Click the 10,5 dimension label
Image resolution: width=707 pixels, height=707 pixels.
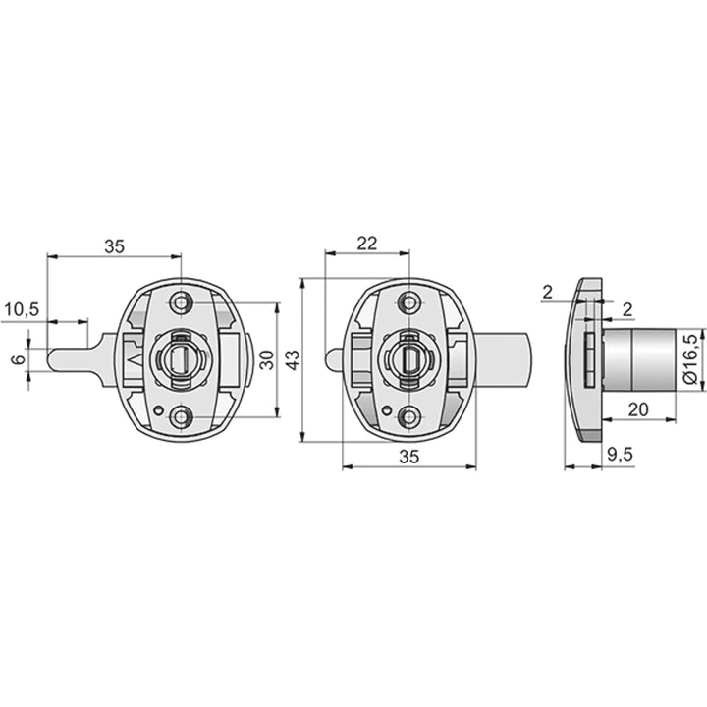[22, 309]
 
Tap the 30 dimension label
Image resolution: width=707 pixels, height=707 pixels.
[267, 359]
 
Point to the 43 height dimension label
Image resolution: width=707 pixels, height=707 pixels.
[293, 359]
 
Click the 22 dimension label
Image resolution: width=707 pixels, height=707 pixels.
[367, 244]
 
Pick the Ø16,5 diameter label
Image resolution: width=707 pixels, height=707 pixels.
[690, 359]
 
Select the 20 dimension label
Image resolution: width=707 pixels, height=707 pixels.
[638, 409]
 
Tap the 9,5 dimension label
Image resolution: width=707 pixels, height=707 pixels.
[620, 455]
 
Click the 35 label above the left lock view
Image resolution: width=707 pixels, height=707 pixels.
[114, 246]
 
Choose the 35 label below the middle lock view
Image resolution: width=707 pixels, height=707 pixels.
[408, 457]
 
